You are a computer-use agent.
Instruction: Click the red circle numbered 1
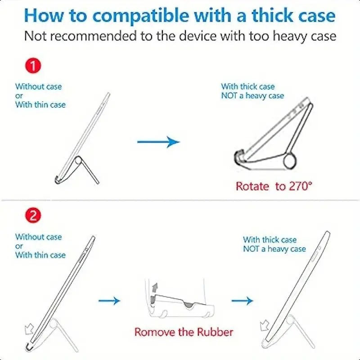(33, 66)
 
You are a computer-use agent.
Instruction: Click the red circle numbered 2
(33, 216)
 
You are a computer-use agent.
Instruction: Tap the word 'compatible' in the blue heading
(140, 16)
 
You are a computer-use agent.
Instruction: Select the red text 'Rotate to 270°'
(274, 186)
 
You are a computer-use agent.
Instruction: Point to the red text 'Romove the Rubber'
(184, 332)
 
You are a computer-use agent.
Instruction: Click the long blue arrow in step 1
(158, 142)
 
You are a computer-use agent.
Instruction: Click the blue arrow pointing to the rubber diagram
(109, 301)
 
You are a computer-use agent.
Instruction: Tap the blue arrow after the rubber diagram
(242, 301)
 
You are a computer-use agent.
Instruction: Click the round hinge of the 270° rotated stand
(290, 162)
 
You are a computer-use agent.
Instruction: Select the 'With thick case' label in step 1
(248, 86)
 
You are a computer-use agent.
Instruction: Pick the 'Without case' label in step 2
(38, 237)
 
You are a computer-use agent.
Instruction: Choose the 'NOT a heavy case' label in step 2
(274, 249)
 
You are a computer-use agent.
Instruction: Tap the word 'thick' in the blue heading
(272, 15)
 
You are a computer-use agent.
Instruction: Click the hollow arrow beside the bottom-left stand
(29, 328)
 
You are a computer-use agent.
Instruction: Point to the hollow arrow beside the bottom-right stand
(264, 325)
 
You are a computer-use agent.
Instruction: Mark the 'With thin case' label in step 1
(40, 105)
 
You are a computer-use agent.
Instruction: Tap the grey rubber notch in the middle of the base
(189, 305)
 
